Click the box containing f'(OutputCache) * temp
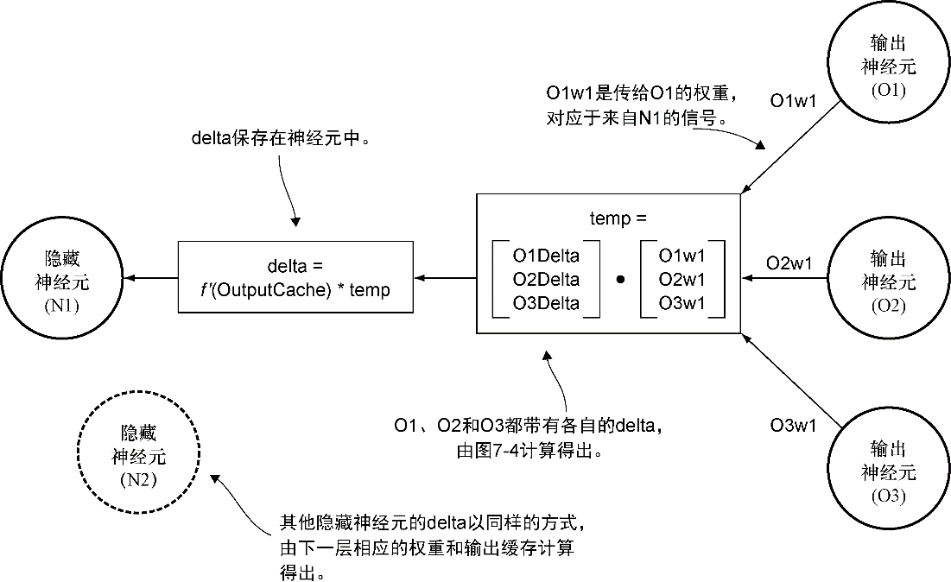tap(294, 279)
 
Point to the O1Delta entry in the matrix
tap(546, 256)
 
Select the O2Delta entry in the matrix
tap(546, 280)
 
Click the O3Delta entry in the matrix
tap(546, 303)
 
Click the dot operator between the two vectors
tap(619, 281)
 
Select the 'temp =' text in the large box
tap(618, 218)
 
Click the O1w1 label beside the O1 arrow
tap(793, 102)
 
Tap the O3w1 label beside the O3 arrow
tap(793, 425)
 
